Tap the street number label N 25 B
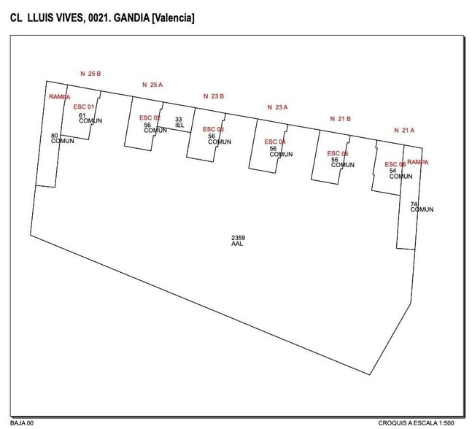(x=90, y=74)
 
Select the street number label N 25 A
(x=152, y=85)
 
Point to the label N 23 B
(x=213, y=96)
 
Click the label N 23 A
(x=277, y=107)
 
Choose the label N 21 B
(x=341, y=118)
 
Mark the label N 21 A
(x=403, y=130)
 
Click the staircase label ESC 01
(x=84, y=107)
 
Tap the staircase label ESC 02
(x=150, y=117)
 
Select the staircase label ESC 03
(x=214, y=129)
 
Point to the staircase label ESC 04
(x=275, y=142)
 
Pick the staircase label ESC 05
(x=338, y=153)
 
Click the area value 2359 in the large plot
(x=238, y=238)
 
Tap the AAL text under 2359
(x=237, y=244)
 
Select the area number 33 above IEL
(x=179, y=119)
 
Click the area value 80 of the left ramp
(x=55, y=135)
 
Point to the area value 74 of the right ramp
(x=414, y=204)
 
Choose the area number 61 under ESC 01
(x=82, y=115)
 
